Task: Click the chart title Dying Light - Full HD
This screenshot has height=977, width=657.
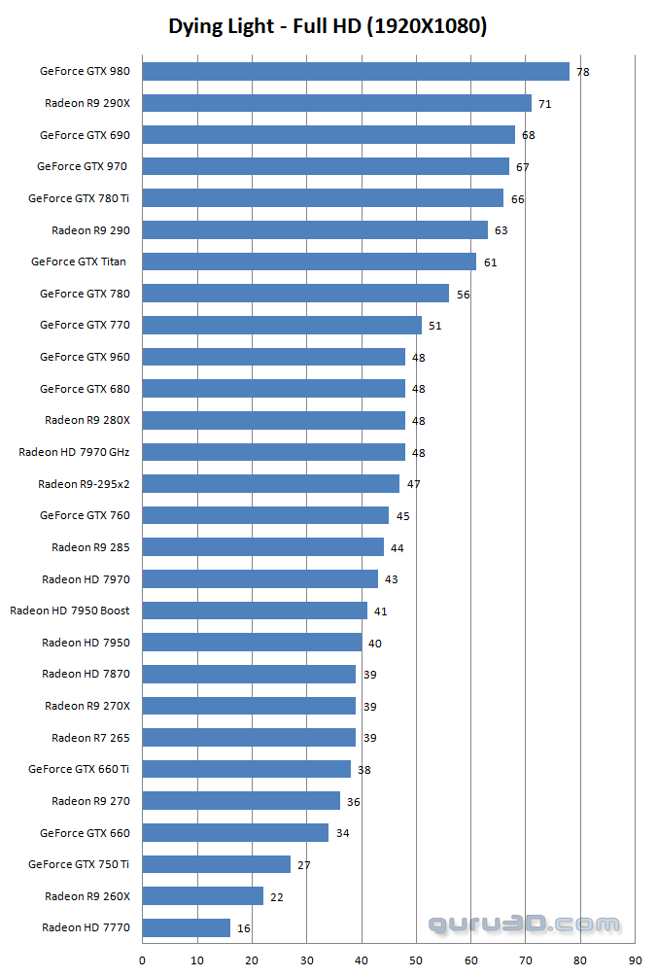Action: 328,26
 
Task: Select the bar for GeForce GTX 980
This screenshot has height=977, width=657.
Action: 356,71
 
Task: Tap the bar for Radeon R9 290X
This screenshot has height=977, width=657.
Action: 336,103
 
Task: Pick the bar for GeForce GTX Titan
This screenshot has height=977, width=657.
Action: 309,262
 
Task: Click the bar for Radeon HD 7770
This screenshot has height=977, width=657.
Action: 186,927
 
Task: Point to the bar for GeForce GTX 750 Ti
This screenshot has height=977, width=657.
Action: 216,864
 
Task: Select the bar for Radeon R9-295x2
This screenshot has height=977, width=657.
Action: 271,483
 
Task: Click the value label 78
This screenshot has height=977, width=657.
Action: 582,72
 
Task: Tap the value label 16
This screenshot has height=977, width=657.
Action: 243,928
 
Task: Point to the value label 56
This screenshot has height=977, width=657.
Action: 463,294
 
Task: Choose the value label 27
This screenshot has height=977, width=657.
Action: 304,865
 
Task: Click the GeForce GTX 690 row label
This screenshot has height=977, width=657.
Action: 85,135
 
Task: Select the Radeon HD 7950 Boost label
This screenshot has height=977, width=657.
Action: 69,611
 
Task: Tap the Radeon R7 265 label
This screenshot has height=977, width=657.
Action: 90,738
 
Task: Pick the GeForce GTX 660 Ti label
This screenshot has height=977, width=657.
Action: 79,769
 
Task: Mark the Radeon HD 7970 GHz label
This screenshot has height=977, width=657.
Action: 74,452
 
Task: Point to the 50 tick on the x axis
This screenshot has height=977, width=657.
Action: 417,961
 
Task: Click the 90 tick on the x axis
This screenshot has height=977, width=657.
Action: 636,961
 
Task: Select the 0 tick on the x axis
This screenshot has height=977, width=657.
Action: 143,961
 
